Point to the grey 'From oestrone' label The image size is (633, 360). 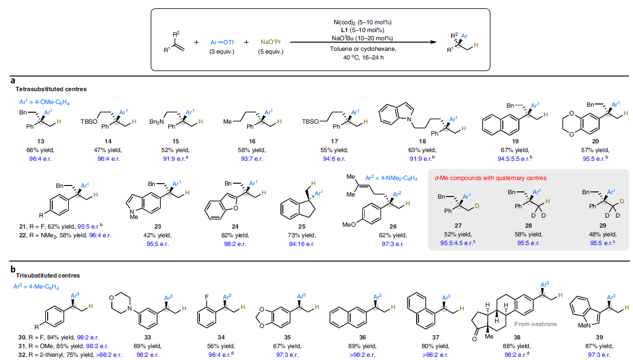click(x=536, y=324)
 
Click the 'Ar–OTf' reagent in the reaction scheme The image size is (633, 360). click(x=222, y=42)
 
